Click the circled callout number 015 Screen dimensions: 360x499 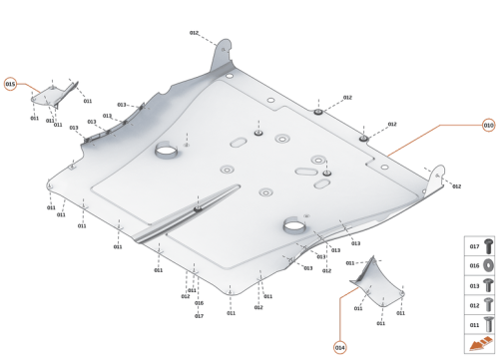[x=10, y=85]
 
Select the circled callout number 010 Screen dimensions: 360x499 [x=488, y=126]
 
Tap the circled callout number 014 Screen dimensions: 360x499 [x=339, y=347]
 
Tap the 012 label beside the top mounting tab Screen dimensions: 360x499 [x=195, y=33]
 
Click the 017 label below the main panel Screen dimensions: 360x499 [x=199, y=316]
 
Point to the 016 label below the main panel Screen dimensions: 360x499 [x=199, y=304]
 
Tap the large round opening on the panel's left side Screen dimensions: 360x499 [x=167, y=153]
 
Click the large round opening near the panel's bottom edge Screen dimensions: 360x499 [x=295, y=226]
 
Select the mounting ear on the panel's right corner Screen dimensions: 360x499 [x=436, y=179]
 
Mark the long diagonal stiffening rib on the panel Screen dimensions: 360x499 [x=190, y=213]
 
